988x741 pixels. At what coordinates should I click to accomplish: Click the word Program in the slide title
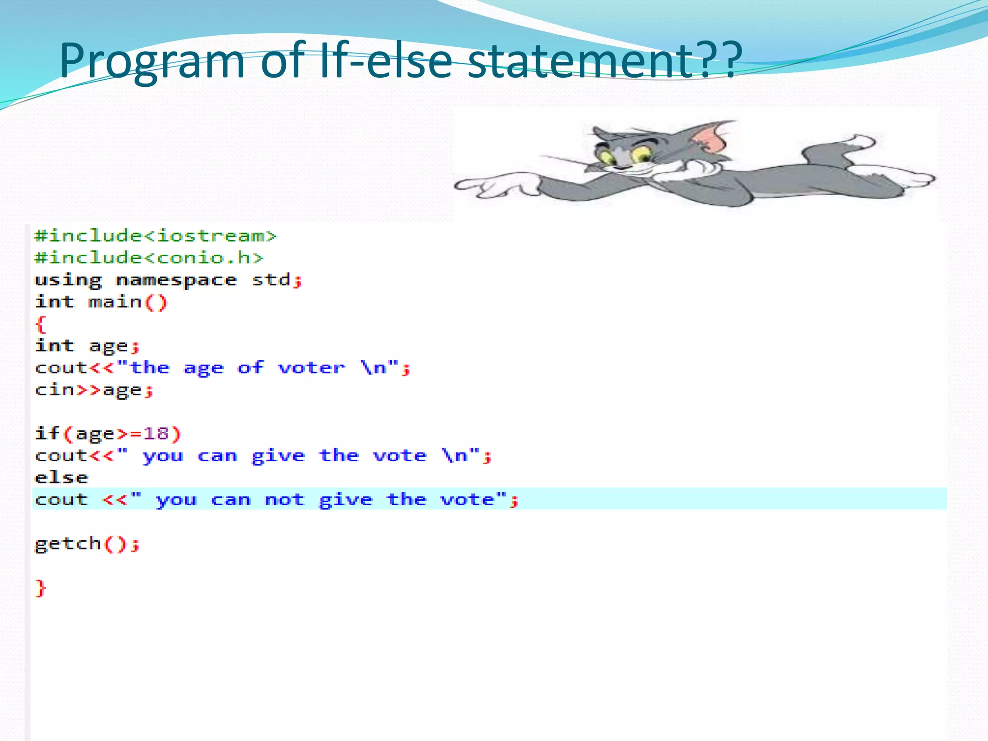[152, 61]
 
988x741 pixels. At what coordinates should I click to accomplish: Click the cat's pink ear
[710, 137]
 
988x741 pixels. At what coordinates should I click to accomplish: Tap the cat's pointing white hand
[487, 186]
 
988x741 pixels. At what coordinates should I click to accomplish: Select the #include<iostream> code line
[155, 236]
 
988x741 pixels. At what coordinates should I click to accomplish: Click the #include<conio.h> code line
[149, 258]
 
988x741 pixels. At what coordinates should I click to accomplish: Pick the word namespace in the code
[177, 280]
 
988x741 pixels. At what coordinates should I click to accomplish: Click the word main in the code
[115, 302]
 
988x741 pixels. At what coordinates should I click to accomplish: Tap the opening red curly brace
[41, 324]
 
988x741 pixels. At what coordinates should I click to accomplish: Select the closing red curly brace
[41, 588]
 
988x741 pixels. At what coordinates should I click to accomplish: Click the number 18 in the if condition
[155, 433]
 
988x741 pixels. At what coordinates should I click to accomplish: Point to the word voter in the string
[312, 368]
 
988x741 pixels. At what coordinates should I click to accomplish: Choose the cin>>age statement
[94, 390]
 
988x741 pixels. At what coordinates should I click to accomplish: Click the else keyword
[62, 478]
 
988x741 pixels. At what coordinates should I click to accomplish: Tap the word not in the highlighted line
[285, 499]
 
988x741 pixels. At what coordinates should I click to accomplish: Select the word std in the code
[272, 280]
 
